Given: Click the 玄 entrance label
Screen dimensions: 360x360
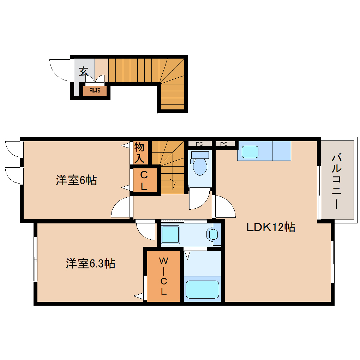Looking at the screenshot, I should pyautogui.click(x=83, y=71).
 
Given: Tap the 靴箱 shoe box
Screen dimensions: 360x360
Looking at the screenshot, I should pyautogui.click(x=95, y=90).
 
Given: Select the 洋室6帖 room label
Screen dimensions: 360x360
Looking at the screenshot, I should pyautogui.click(x=76, y=180).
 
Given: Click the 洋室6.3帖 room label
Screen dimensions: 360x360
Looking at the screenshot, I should pyautogui.click(x=90, y=263).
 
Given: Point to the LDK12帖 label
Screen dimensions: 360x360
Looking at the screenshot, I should pyautogui.click(x=270, y=227).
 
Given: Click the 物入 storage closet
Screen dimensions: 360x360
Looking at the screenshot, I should pyautogui.click(x=139, y=152).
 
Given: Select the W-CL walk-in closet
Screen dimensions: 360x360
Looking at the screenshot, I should pyautogui.click(x=163, y=276).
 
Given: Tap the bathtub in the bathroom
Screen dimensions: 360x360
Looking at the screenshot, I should pyautogui.click(x=202, y=289).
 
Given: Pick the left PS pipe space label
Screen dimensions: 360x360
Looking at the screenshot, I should pyautogui.click(x=199, y=144).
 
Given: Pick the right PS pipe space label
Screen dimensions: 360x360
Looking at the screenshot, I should pyautogui.click(x=224, y=144).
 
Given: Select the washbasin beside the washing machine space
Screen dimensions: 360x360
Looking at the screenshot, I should pyautogui.click(x=214, y=234).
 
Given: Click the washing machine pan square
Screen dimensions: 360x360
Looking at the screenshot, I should pyautogui.click(x=170, y=234).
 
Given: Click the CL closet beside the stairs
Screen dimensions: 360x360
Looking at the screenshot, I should pyautogui.click(x=144, y=181).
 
